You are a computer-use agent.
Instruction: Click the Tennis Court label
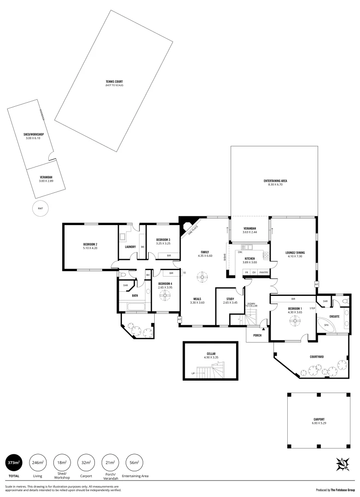tap(114, 82)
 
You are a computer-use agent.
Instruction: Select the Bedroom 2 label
tap(90, 244)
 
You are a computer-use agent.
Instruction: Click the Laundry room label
tap(130, 247)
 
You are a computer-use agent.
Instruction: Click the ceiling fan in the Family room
tap(201, 277)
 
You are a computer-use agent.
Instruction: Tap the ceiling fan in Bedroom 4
tap(165, 297)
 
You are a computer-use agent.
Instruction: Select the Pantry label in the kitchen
tap(264, 272)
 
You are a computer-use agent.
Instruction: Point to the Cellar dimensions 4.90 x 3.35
tap(211, 357)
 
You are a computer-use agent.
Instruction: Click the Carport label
tap(319, 419)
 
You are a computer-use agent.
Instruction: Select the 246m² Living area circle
tap(37, 462)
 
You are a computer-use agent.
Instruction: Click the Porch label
tap(257, 335)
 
